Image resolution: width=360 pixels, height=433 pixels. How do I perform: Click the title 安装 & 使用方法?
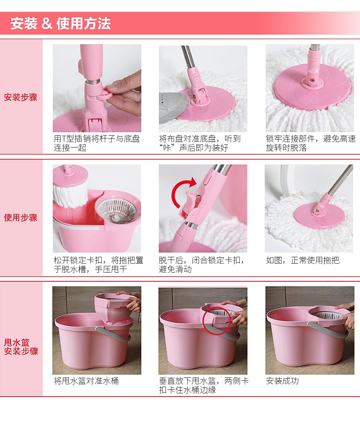pyautogui.click(x=61, y=23)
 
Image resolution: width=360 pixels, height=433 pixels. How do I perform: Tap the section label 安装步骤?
pyautogui.click(x=21, y=97)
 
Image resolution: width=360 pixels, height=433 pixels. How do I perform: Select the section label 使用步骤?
pyautogui.click(x=21, y=218)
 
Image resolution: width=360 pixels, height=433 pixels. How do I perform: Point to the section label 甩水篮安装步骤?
pyautogui.click(x=21, y=347)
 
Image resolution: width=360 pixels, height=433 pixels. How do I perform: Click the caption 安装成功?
pyautogui.click(x=283, y=381)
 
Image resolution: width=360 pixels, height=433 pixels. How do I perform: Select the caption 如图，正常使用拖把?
pyautogui.click(x=303, y=260)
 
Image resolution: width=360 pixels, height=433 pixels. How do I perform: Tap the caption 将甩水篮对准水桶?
pyautogui.click(x=86, y=381)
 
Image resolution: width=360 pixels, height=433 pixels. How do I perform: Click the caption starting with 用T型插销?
pyautogui.click(x=97, y=143)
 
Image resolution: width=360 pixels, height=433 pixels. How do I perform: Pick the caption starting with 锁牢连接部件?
pyautogui.click(x=311, y=143)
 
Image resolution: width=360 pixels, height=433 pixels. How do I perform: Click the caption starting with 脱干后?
pyautogui.click(x=202, y=265)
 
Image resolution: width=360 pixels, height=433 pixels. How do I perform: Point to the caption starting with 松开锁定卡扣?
pyautogui.click(x=98, y=265)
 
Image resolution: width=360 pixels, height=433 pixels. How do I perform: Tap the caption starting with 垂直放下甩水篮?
pyautogui.click(x=204, y=386)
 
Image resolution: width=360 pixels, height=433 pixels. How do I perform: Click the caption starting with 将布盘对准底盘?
pyautogui.click(x=200, y=143)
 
